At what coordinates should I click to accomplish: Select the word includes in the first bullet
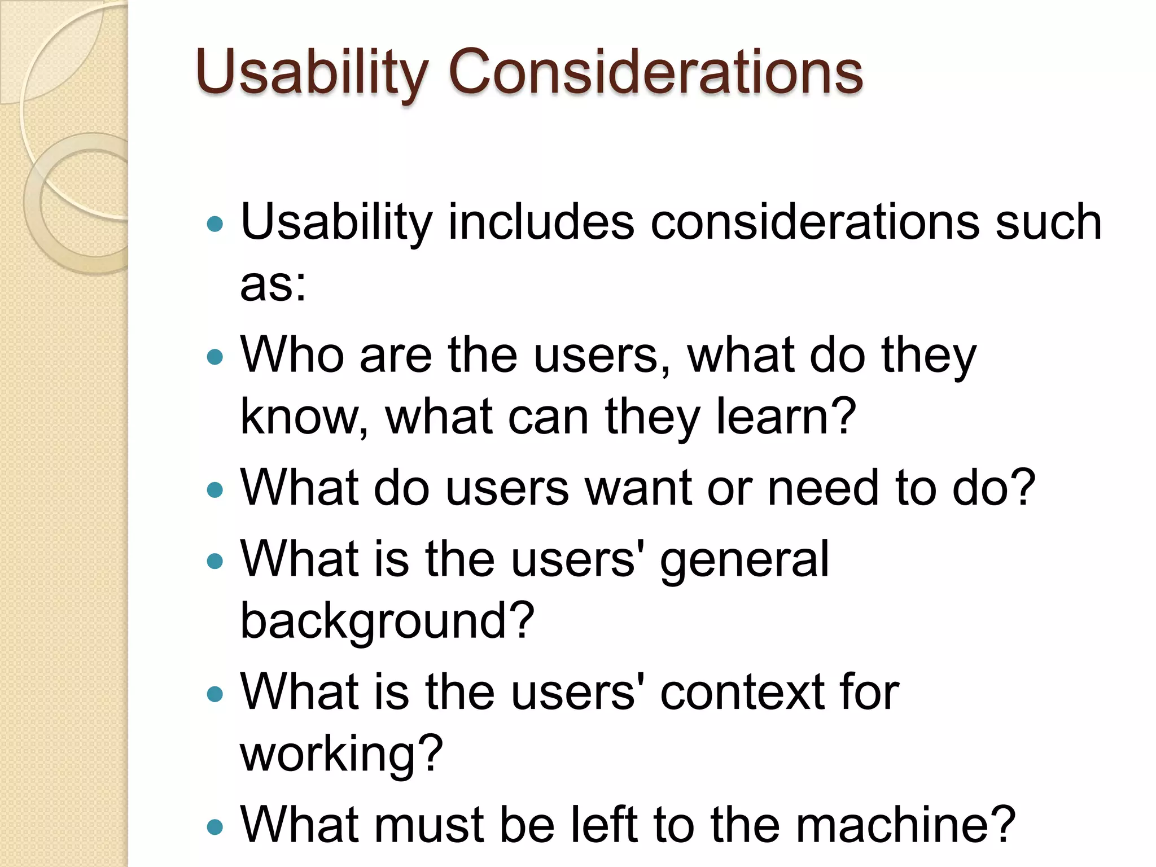click(541, 222)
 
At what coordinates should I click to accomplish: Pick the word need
click(822, 488)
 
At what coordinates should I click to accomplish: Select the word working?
click(341, 755)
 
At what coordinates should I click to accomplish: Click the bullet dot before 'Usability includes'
click(215, 225)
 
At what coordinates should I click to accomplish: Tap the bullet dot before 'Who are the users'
click(215, 357)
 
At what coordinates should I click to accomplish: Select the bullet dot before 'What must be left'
click(215, 827)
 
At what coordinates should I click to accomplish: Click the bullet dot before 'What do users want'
click(215, 489)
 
